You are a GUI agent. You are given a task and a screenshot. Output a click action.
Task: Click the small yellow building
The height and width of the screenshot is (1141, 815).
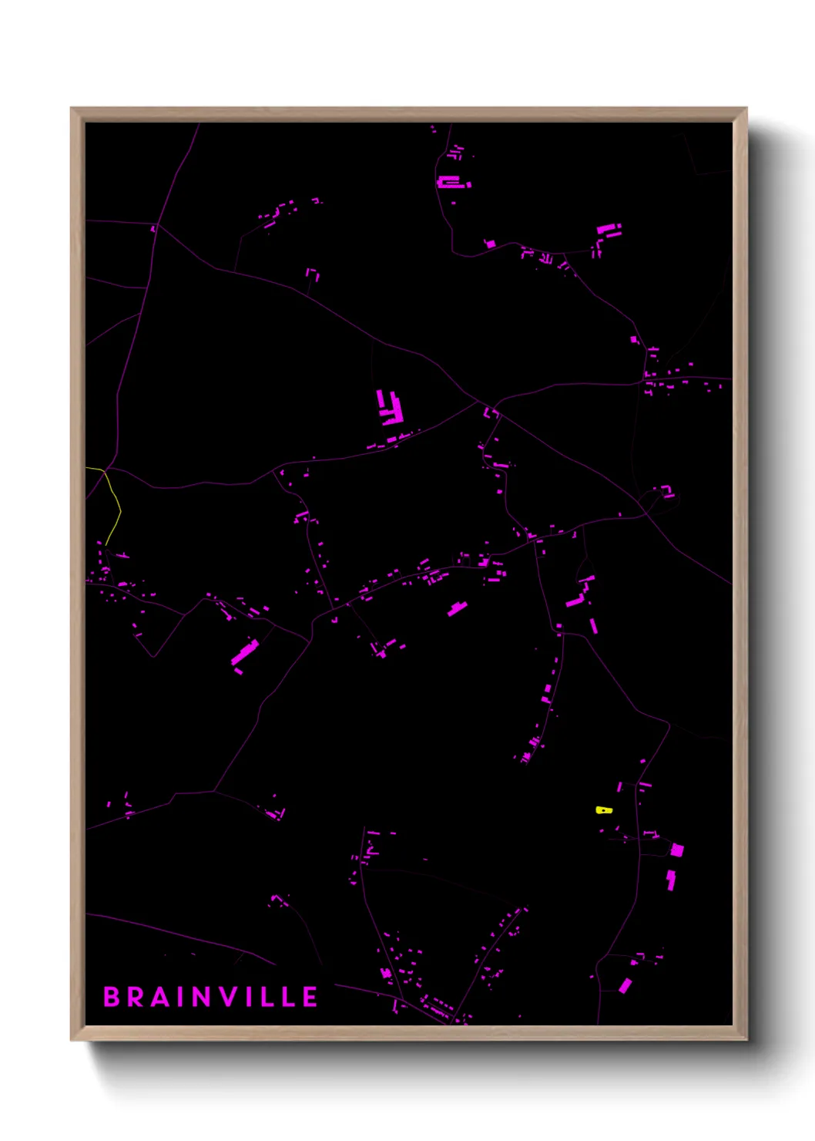pos(604,810)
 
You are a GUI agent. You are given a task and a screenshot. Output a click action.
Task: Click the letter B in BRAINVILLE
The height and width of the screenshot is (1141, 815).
pos(112,997)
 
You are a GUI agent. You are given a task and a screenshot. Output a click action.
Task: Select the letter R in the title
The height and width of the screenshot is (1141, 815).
pos(138,997)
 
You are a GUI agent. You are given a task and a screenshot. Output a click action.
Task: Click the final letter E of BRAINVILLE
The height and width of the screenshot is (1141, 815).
pos(309,997)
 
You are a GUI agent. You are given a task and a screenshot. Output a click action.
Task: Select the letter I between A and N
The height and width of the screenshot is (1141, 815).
pos(183,997)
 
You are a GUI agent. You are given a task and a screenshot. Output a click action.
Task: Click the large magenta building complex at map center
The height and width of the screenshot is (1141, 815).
pos(391,409)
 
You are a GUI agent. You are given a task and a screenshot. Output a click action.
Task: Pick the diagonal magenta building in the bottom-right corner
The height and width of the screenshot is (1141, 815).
pos(625,985)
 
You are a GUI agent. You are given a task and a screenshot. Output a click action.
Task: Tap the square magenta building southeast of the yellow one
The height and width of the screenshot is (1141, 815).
pos(676,850)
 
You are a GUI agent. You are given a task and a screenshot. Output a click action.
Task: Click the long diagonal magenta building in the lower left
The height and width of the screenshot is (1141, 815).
pos(245,652)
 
